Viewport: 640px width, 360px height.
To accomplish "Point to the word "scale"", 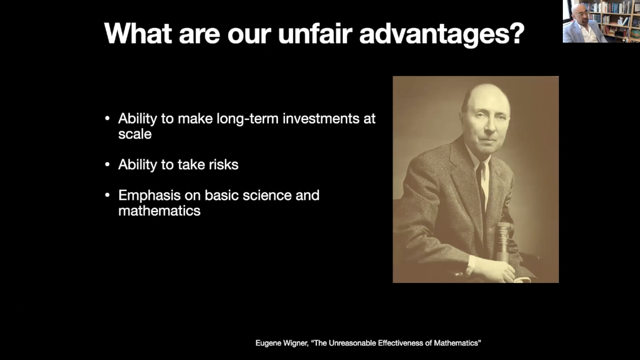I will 135,134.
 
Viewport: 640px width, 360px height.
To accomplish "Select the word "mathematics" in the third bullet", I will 159,211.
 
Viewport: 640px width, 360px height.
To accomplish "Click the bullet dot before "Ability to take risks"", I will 107,165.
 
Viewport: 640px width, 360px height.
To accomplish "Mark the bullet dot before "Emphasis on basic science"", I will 107,195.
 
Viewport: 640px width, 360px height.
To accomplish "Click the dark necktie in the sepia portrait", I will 481,188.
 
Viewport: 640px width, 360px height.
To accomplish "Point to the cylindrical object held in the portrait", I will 503,241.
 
